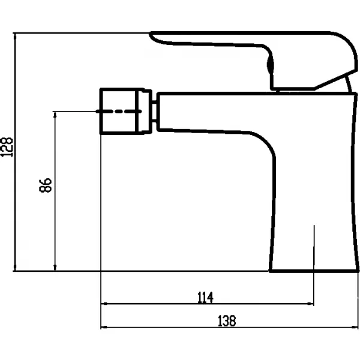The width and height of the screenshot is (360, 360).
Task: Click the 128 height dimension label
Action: pyautogui.click(x=7, y=147)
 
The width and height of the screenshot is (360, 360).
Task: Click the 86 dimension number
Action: pyautogui.click(x=46, y=185)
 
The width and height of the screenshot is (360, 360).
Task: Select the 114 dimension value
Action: pyautogui.click(x=205, y=298)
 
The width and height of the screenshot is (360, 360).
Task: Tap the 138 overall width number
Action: pyautogui.click(x=227, y=321)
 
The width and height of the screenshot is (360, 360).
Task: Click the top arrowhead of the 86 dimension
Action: pyautogui.click(x=55, y=115)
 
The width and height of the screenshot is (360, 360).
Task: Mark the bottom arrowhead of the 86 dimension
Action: pyautogui.click(x=55, y=268)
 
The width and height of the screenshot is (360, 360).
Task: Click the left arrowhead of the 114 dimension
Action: pyautogui.click(x=104, y=304)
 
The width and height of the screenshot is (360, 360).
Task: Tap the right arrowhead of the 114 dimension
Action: pyautogui.click(x=311, y=304)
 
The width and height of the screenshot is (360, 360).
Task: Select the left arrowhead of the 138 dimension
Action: pyautogui.click(x=104, y=327)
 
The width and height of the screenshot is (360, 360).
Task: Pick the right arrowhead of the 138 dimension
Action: pyautogui.click(x=355, y=327)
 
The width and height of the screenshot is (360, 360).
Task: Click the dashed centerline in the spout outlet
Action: pyautogui.click(x=118, y=112)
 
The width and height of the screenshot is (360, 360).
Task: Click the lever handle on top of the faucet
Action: pyautogui.click(x=253, y=61)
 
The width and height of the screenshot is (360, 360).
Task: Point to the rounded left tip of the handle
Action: pyautogui.click(x=151, y=34)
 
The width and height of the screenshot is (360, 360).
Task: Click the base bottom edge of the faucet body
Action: pyautogui.click(x=314, y=271)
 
